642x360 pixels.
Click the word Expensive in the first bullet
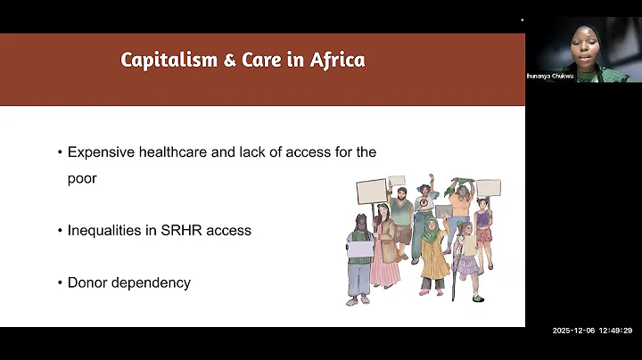point(101,152)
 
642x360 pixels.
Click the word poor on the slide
point(82,178)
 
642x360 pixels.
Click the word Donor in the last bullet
point(86,282)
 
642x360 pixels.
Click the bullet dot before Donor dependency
point(60,282)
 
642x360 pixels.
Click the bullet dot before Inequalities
point(60,230)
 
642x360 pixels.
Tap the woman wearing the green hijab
point(434,253)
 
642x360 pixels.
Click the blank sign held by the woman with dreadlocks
point(360,249)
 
